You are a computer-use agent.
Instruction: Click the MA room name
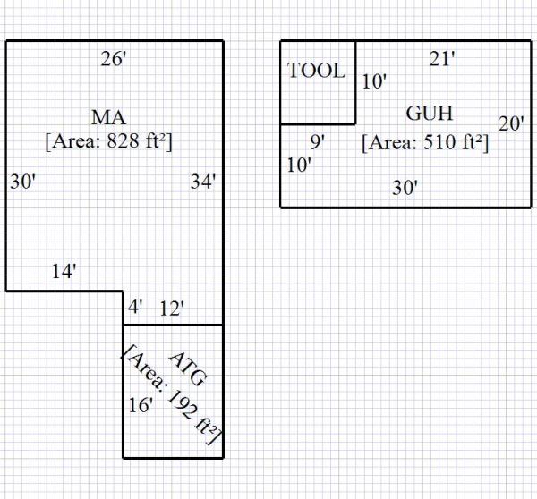pos(108,117)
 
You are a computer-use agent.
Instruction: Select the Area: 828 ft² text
pos(108,140)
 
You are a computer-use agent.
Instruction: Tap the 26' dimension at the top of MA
pos(114,60)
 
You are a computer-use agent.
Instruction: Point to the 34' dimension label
pos(203,182)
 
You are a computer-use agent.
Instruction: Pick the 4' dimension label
pos(135,307)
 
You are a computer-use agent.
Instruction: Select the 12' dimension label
pos(172,309)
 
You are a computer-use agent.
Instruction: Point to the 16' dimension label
pos(139,405)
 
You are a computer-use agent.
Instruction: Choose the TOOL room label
pos(317,72)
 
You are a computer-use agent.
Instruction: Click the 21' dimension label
pos(442,60)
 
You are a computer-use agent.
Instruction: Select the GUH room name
pos(430,114)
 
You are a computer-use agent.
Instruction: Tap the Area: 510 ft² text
pos(425,142)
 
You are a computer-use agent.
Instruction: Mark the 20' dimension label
pos(511,124)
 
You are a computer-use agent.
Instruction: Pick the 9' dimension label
pos(317,141)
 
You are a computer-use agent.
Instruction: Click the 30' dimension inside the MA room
pos(22,182)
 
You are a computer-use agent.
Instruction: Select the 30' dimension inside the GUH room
pos(405,188)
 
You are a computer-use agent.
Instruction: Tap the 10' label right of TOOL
pos(374,81)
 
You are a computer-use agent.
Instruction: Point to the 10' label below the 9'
pos(299,165)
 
